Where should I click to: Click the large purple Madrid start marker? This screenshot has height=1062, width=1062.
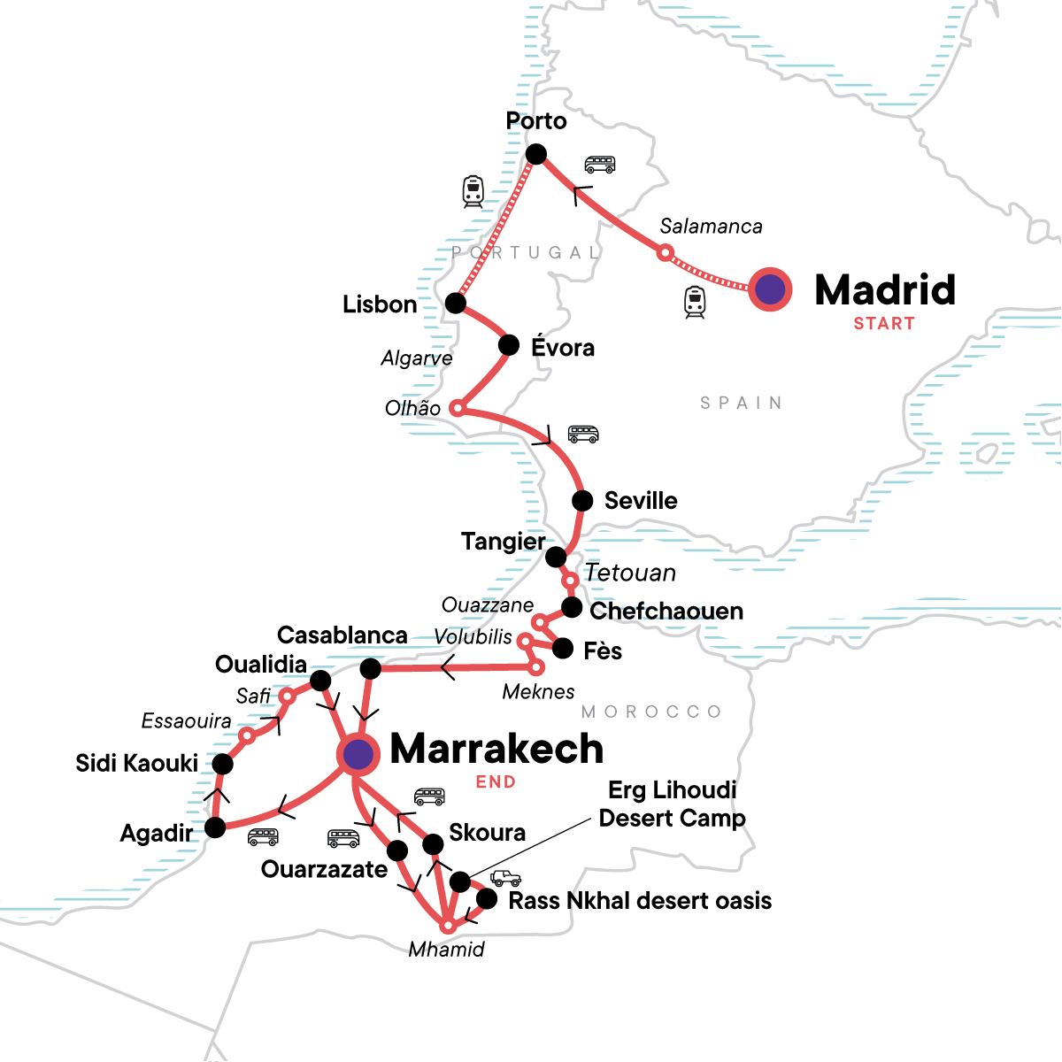click(x=770, y=289)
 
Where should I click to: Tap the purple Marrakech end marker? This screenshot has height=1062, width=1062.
click(x=358, y=754)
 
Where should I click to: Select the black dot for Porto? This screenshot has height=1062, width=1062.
click(x=536, y=155)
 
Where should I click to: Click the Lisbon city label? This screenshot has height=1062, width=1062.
click(x=380, y=304)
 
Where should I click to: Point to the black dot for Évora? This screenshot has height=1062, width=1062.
click(x=509, y=345)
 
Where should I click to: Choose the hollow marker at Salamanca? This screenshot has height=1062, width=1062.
click(x=666, y=254)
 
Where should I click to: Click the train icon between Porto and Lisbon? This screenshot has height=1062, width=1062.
click(x=473, y=191)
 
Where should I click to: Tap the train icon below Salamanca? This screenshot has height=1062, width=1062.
click(x=695, y=303)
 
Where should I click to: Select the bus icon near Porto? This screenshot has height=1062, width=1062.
click(x=600, y=165)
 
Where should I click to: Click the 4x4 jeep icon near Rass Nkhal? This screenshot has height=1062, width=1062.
click(x=505, y=878)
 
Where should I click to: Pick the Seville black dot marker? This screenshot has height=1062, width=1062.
click(x=582, y=501)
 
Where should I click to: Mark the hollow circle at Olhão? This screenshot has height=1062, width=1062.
click(x=457, y=408)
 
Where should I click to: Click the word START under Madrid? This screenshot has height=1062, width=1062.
click(x=884, y=324)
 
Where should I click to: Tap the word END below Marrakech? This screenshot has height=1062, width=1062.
click(x=496, y=782)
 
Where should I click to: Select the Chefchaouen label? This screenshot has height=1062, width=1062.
click(x=666, y=612)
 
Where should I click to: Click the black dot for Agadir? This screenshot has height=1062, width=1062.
click(x=215, y=827)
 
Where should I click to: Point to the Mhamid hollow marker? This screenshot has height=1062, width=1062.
click(x=449, y=926)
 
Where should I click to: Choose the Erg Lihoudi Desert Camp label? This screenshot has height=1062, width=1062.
click(x=673, y=804)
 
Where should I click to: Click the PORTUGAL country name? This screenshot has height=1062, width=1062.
click(x=527, y=253)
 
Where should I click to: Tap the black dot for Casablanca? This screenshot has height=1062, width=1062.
click(x=371, y=667)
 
